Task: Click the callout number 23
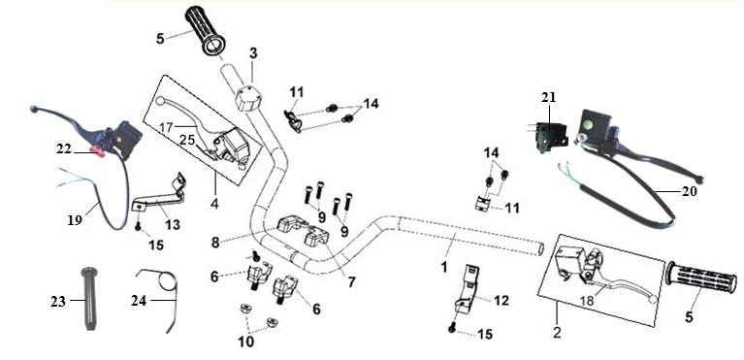(58, 301)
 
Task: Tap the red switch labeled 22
(98, 151)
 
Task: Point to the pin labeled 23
(88, 299)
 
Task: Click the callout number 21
(548, 97)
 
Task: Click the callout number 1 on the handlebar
(444, 268)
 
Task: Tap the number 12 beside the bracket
(501, 301)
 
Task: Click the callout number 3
(253, 53)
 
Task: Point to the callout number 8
(216, 243)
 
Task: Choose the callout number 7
(351, 282)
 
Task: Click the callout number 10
(246, 341)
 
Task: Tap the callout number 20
(689, 191)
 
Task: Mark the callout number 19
(75, 220)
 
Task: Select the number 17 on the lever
(167, 127)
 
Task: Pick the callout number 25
(186, 140)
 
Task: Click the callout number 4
(214, 204)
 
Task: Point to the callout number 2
(557, 332)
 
